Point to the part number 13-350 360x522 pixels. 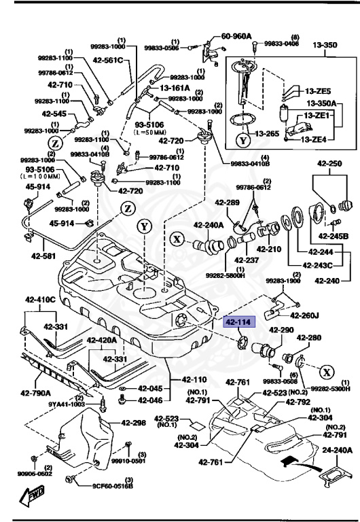pos(325,46)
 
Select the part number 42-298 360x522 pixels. pos(134,422)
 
